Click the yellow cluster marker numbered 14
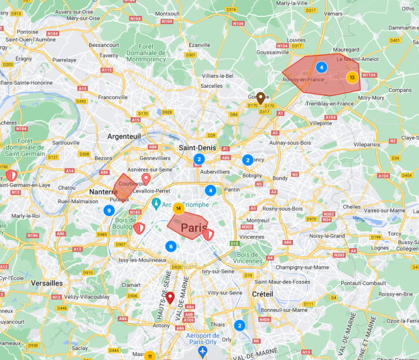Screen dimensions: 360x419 (179, 207)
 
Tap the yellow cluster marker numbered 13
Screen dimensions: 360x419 (352, 77)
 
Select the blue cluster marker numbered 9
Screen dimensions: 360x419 (108, 210)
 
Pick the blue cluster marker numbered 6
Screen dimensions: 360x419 (171, 246)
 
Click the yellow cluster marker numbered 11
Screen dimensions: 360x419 (150, 355)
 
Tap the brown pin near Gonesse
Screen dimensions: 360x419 (261, 97)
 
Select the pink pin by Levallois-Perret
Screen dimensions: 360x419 (146, 178)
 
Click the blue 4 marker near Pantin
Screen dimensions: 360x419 (210, 190)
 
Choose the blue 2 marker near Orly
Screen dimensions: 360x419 (239, 325)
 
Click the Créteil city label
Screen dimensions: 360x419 (263, 293)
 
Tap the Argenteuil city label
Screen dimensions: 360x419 (124, 136)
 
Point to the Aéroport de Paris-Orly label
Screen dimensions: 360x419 (203, 339)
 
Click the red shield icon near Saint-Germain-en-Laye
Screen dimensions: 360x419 (11, 175)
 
